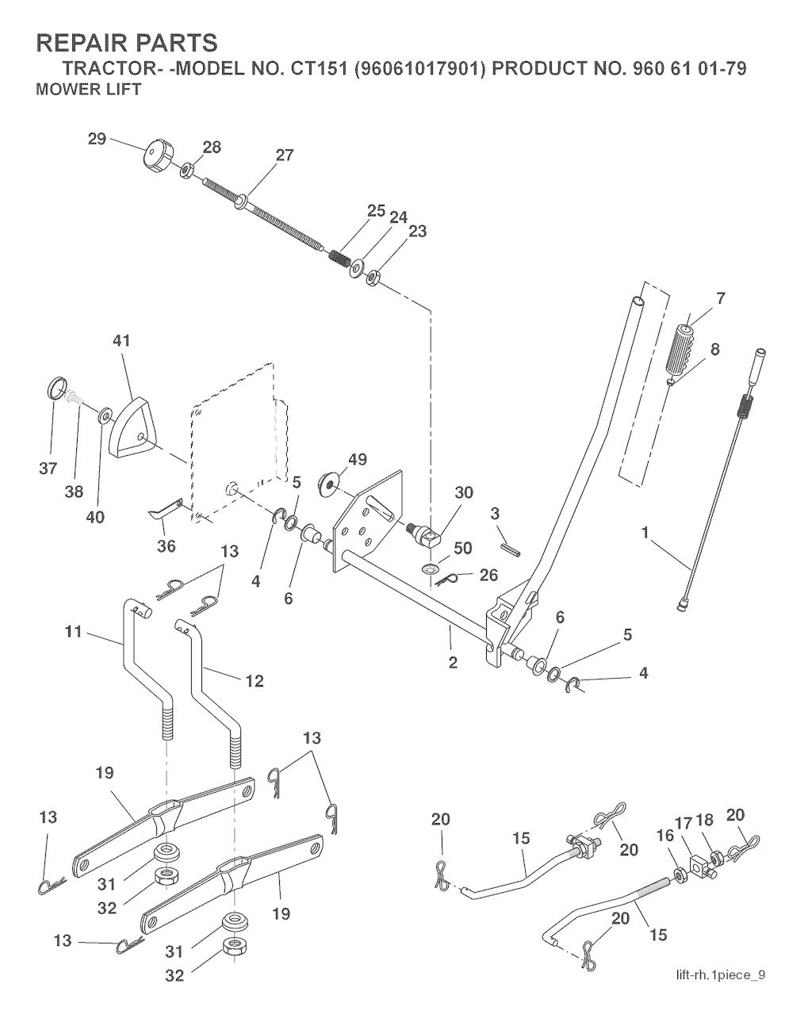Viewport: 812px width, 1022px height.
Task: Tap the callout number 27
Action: click(x=284, y=155)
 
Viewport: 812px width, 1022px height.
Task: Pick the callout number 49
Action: click(x=357, y=459)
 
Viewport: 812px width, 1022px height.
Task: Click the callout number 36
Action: click(x=167, y=546)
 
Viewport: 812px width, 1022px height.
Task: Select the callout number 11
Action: click(x=74, y=632)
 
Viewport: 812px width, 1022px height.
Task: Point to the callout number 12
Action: click(x=255, y=681)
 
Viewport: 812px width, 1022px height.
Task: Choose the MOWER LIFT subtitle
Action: click(x=88, y=90)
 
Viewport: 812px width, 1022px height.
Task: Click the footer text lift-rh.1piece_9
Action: click(x=720, y=975)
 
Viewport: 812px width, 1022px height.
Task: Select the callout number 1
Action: click(x=645, y=533)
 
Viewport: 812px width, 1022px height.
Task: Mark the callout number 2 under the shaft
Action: click(x=453, y=663)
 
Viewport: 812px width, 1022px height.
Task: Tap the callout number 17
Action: click(x=684, y=821)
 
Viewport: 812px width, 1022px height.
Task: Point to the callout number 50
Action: click(x=462, y=548)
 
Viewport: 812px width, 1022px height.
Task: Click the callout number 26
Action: click(x=488, y=575)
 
